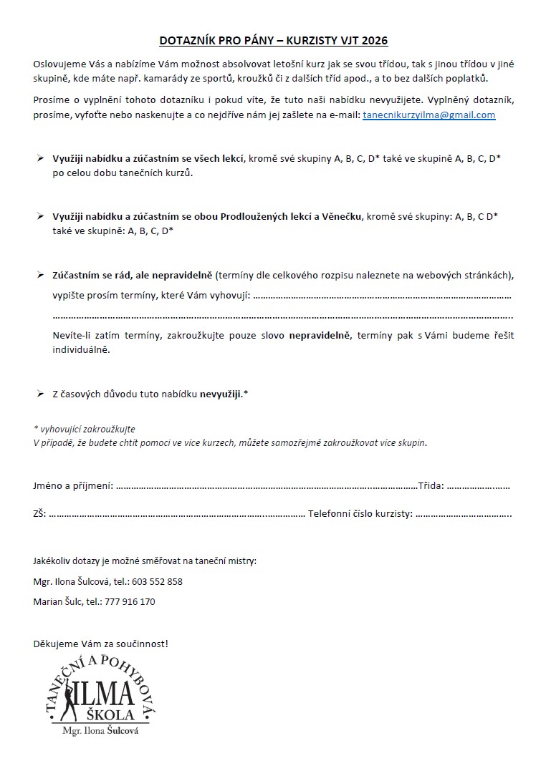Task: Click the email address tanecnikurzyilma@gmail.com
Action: [428, 115]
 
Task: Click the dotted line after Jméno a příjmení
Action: [266, 486]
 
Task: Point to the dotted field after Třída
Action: [478, 486]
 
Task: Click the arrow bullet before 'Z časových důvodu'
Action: [40, 394]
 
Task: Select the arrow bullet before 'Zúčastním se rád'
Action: [40, 274]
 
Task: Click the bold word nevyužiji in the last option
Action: [221, 394]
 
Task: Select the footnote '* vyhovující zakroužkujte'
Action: [85, 429]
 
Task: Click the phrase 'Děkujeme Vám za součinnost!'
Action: [101, 644]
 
